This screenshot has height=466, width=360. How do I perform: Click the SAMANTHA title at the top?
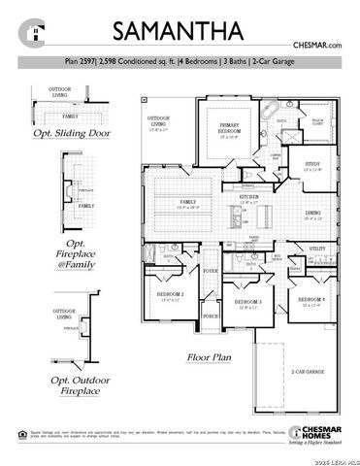pos(180,30)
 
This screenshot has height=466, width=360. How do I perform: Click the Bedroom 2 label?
pos(170,293)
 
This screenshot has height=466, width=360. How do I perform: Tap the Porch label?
pos(209,316)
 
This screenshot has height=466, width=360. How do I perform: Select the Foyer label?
pos(209,272)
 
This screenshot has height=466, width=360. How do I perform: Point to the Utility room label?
pos(317,250)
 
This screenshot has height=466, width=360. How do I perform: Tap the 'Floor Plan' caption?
pos(211,357)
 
